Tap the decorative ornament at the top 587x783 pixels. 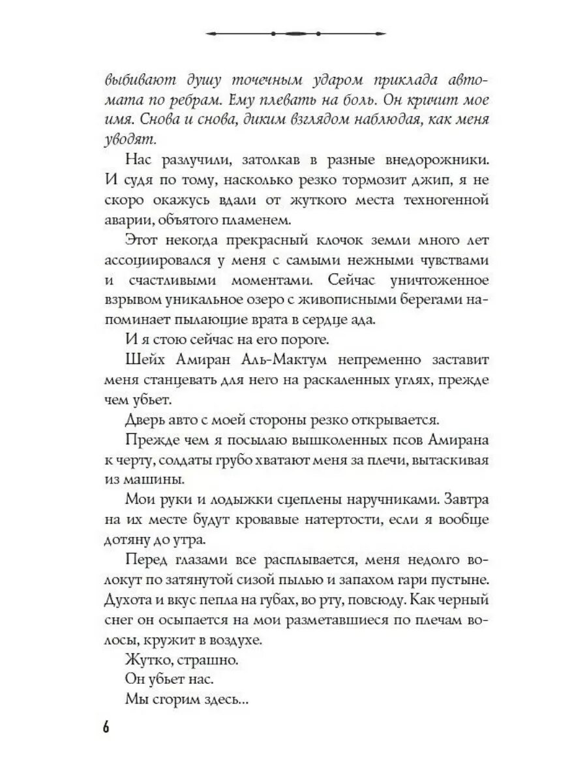(293, 32)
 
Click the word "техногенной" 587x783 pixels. (441, 198)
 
